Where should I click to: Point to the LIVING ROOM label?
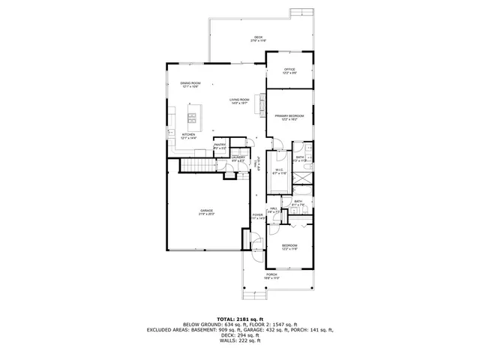click(240, 100)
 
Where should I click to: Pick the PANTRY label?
click(220, 146)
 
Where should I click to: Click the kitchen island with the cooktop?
click(192, 117)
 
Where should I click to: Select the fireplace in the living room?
click(262, 103)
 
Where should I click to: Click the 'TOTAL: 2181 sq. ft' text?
click(240, 318)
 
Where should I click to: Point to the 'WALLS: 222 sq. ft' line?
click(240, 341)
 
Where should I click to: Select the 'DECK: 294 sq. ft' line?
click(240, 335)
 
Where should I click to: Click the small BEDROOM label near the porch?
click(289, 247)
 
